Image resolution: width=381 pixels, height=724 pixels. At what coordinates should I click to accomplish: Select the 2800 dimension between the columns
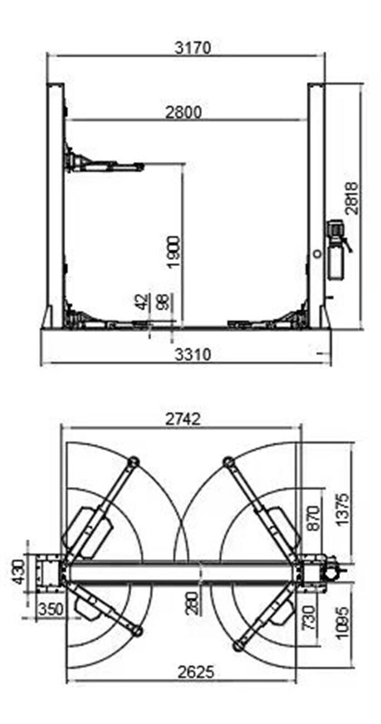coord(183,112)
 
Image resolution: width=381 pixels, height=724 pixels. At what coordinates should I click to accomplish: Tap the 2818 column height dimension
coord(352,198)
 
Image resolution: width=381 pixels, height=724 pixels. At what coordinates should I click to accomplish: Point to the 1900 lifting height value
coord(174,252)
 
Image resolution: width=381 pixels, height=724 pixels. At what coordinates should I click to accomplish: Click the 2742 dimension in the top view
coord(181,420)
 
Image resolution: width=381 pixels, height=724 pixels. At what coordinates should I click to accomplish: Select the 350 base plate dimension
coord(50,610)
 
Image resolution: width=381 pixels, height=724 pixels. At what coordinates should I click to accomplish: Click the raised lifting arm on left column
coord(106,164)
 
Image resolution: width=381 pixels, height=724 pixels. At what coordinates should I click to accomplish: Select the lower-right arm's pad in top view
coord(238,645)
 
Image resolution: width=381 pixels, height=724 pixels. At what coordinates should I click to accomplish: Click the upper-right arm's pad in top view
coord(227,461)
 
